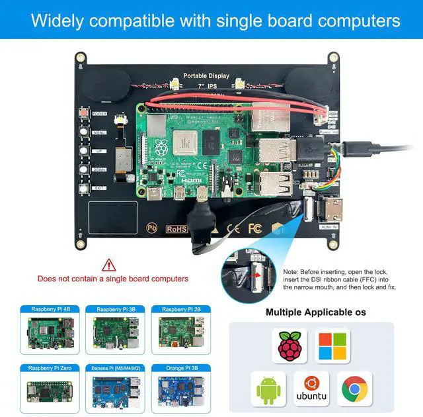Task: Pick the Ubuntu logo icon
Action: click(311, 389)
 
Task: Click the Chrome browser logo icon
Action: click(354, 389)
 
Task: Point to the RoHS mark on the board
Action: click(176, 230)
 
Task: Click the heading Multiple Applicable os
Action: click(315, 312)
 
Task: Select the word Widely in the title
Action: click(60, 20)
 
